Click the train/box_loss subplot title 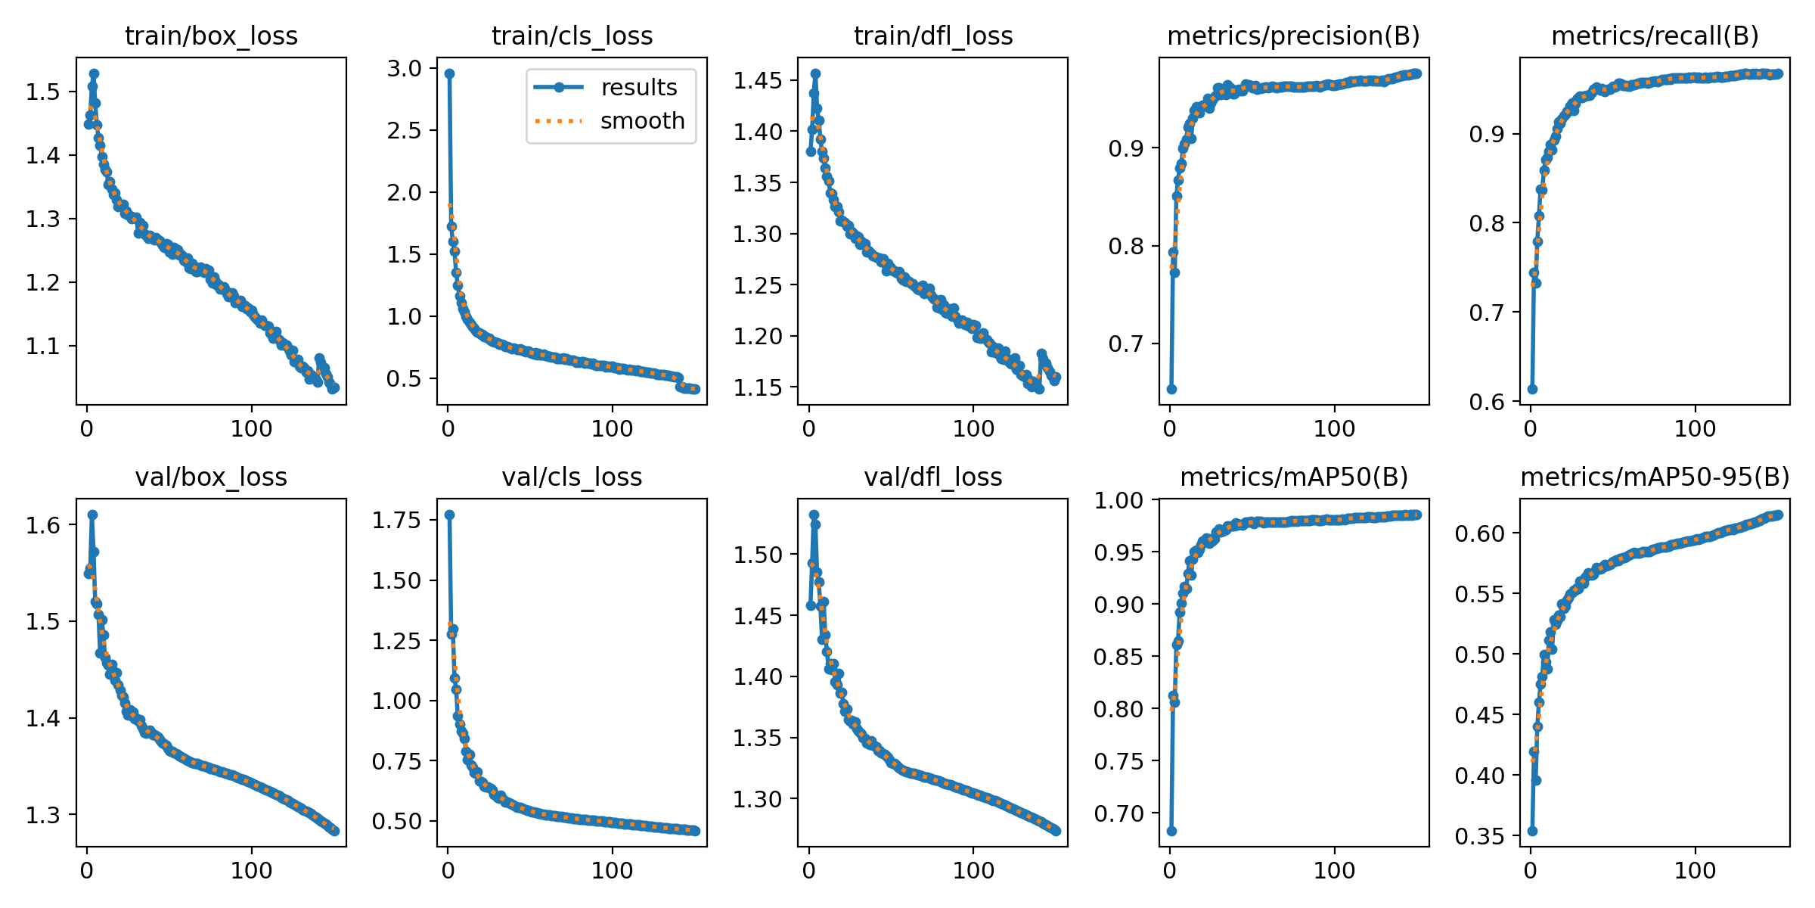pos(211,36)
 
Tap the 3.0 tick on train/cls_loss pos(405,69)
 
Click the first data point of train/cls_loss pos(449,73)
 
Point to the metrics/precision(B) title pos(1293,36)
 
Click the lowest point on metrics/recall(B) pos(1532,389)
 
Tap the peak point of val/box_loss pos(92,515)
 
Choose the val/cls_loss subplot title pos(572,477)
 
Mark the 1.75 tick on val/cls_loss pos(396,521)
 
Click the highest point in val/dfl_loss pos(814,515)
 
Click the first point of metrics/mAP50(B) pos(1171,831)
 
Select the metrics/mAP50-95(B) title pos(1655,477)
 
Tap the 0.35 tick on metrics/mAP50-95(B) pos(1480,836)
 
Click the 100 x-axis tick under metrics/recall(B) pos(1695,429)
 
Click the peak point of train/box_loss pos(94,74)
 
